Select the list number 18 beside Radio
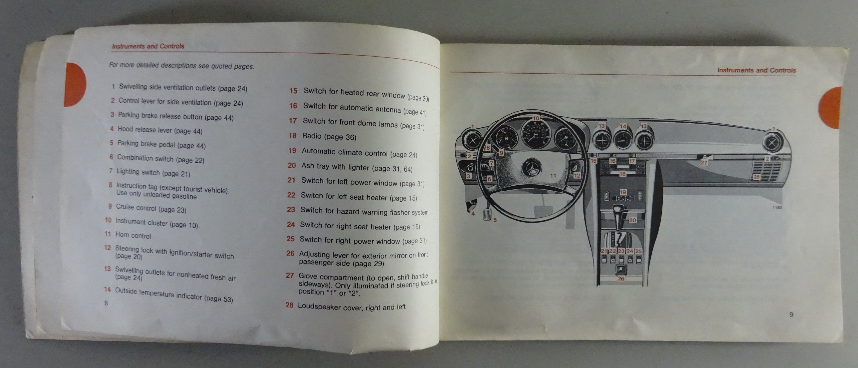click(x=293, y=135)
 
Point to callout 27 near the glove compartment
click(x=704, y=162)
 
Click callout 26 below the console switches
click(x=621, y=279)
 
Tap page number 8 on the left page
click(x=106, y=303)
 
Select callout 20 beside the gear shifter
click(x=632, y=220)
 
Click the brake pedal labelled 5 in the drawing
click(x=487, y=215)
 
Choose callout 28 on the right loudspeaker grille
click(x=757, y=177)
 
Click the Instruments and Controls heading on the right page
click(x=756, y=70)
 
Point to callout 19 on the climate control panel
click(x=623, y=192)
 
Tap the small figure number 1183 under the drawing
click(x=777, y=208)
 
